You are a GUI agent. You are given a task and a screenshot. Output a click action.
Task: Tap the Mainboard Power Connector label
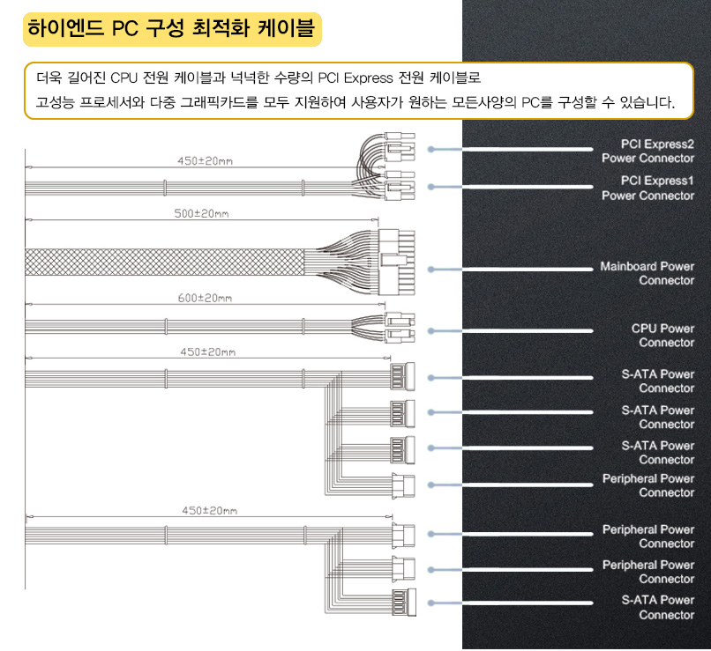pos(647,273)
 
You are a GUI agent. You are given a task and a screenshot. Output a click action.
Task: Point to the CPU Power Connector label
pos(662,336)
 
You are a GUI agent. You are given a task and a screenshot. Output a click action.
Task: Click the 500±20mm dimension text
pos(204,214)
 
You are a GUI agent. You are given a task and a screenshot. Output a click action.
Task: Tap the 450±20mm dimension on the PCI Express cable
pos(206,160)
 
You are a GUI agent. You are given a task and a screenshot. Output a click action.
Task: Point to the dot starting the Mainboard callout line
pos(430,269)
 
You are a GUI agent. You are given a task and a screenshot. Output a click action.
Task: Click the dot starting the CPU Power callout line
pos(430,330)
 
